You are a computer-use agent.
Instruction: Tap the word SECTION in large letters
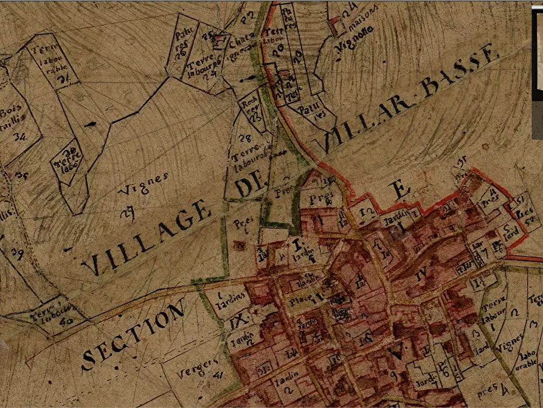(133, 336)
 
